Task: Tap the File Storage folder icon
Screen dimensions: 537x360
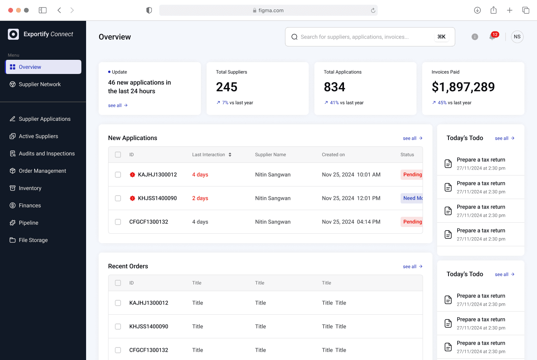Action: point(13,240)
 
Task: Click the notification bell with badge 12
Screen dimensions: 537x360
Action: point(493,37)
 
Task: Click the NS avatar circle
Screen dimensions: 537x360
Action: point(517,37)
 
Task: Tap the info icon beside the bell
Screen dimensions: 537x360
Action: point(474,37)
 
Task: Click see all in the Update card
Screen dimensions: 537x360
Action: point(118,105)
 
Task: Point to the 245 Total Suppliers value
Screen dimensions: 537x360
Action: point(226,87)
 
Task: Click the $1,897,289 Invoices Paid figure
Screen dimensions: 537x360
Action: point(463,87)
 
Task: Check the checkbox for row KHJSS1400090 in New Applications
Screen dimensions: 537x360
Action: point(118,198)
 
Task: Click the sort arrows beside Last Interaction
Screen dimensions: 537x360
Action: point(230,155)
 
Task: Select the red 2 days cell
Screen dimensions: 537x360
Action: point(200,198)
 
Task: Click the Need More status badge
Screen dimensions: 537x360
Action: point(412,198)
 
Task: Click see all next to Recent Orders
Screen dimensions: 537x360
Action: point(413,266)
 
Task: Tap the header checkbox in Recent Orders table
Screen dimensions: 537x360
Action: point(118,283)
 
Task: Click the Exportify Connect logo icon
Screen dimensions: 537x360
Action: point(13,34)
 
